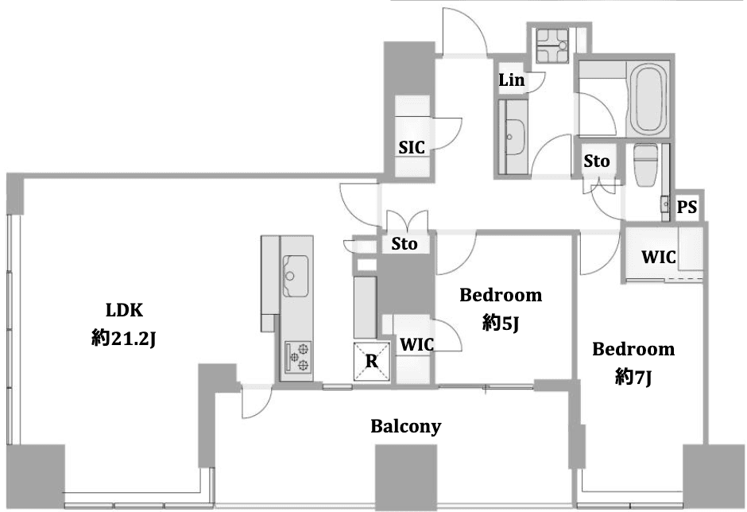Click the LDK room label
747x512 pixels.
point(124,310)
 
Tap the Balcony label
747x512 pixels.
point(406,426)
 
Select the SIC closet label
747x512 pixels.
point(412,147)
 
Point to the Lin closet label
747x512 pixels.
point(512,80)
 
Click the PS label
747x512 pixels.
point(687,207)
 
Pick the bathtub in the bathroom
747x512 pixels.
point(648,99)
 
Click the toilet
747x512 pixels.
point(645,165)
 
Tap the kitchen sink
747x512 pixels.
point(296,276)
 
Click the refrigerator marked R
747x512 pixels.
point(372,361)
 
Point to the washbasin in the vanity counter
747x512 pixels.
point(514,137)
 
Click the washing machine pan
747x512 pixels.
point(552,45)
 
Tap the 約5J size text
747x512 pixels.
point(500,324)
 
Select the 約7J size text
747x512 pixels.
point(633,378)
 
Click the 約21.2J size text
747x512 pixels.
point(124,339)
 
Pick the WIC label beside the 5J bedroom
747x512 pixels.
point(417,344)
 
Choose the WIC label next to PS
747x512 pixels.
point(659,257)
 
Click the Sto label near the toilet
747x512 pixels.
point(597,161)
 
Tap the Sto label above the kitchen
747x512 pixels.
point(404,243)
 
